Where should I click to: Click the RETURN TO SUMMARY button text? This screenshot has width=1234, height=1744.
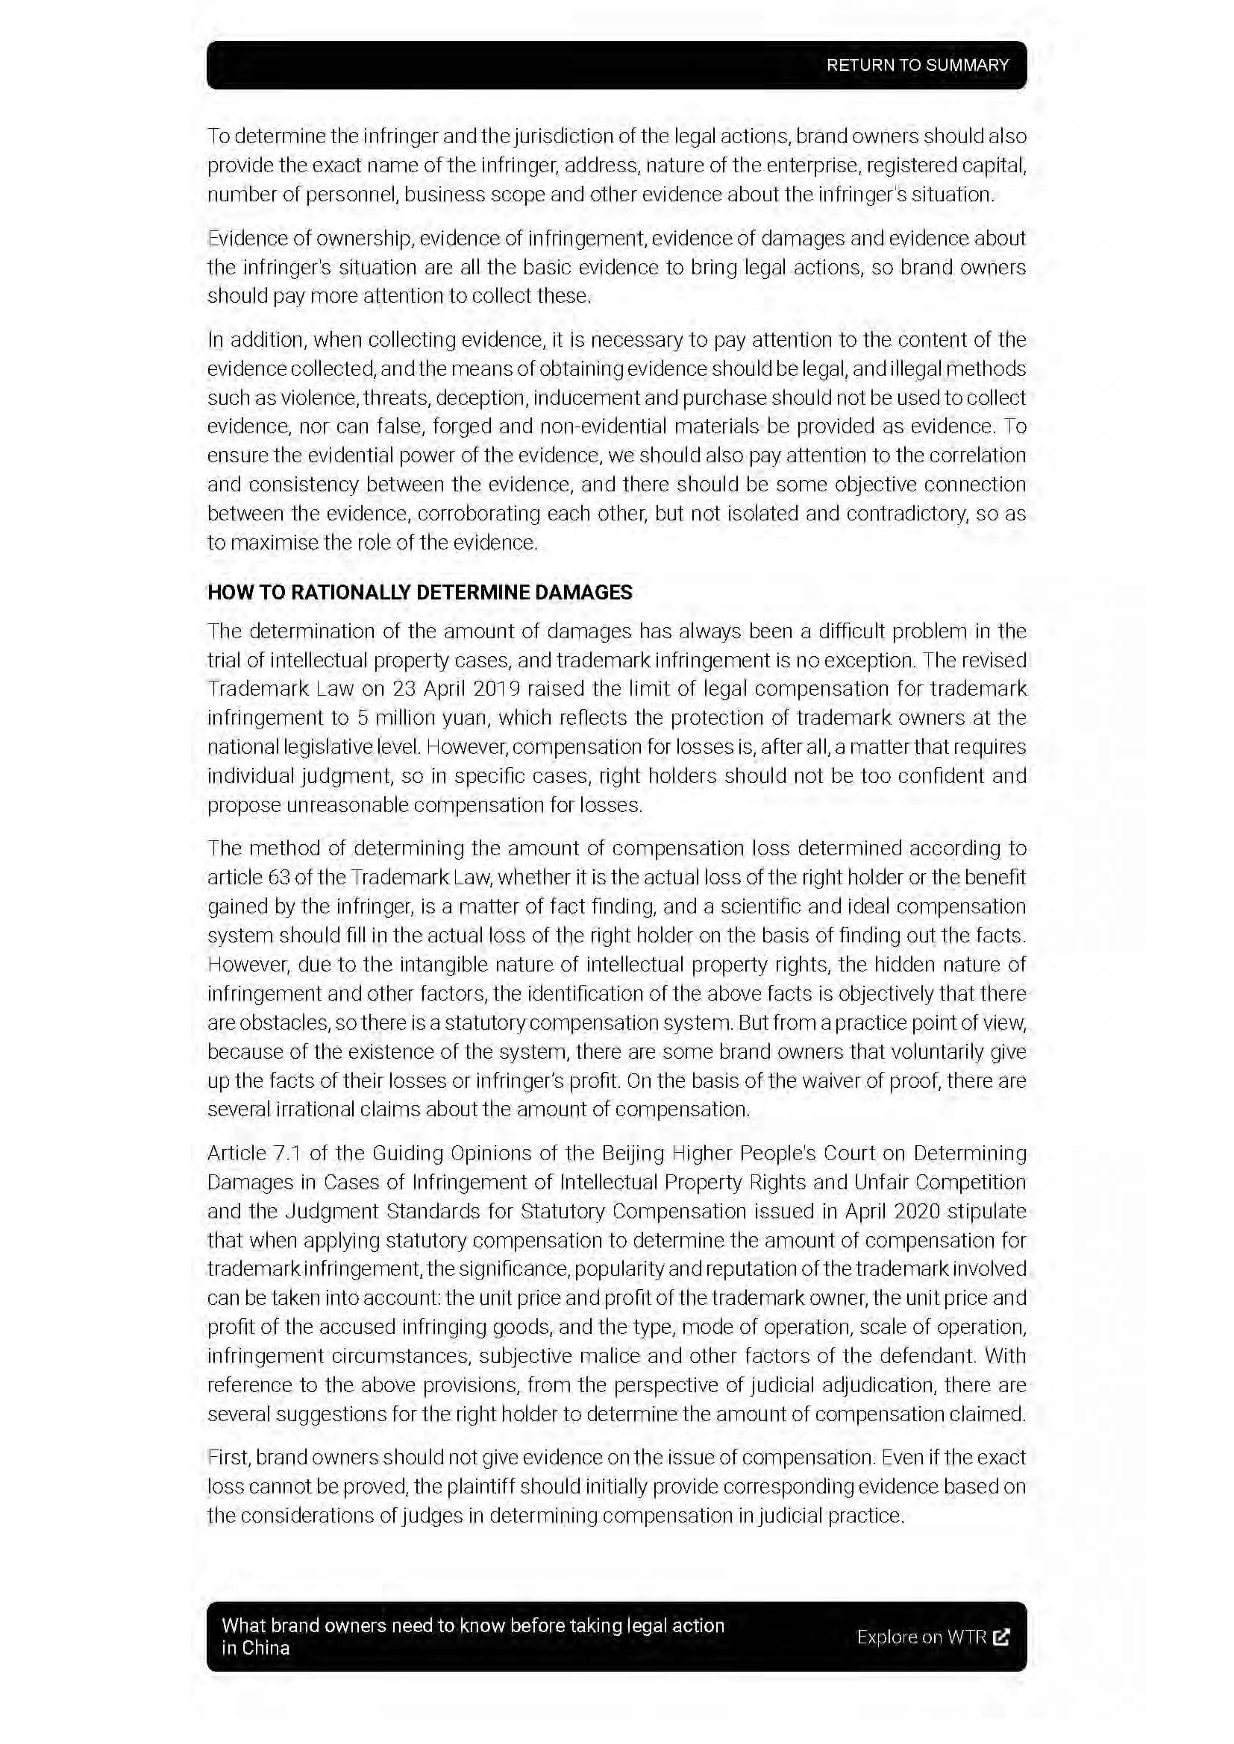917,66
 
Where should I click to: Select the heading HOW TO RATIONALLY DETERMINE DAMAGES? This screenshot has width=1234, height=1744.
419,593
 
